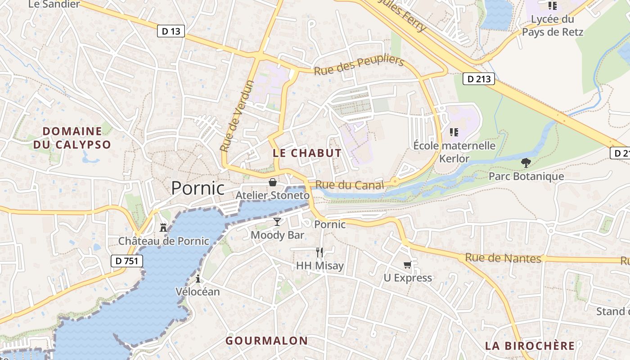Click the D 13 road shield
click(x=171, y=31)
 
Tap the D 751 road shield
click(x=126, y=261)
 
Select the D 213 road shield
click(x=479, y=79)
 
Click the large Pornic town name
click(x=198, y=188)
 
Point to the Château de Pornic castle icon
click(x=163, y=228)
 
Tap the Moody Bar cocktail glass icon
click(x=277, y=221)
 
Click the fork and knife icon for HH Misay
click(x=319, y=252)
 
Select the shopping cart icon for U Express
click(x=408, y=265)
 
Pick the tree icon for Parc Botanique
click(x=525, y=162)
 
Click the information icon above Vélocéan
click(x=198, y=279)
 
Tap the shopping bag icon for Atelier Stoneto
click(x=272, y=182)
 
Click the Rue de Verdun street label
click(x=237, y=116)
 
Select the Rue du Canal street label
click(x=350, y=185)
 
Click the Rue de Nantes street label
click(x=503, y=258)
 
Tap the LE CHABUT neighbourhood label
click(x=307, y=153)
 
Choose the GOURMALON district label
click(x=266, y=341)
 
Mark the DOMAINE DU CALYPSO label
click(x=72, y=138)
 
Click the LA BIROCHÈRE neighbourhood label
click(x=530, y=346)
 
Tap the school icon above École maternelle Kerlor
click(x=454, y=132)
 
